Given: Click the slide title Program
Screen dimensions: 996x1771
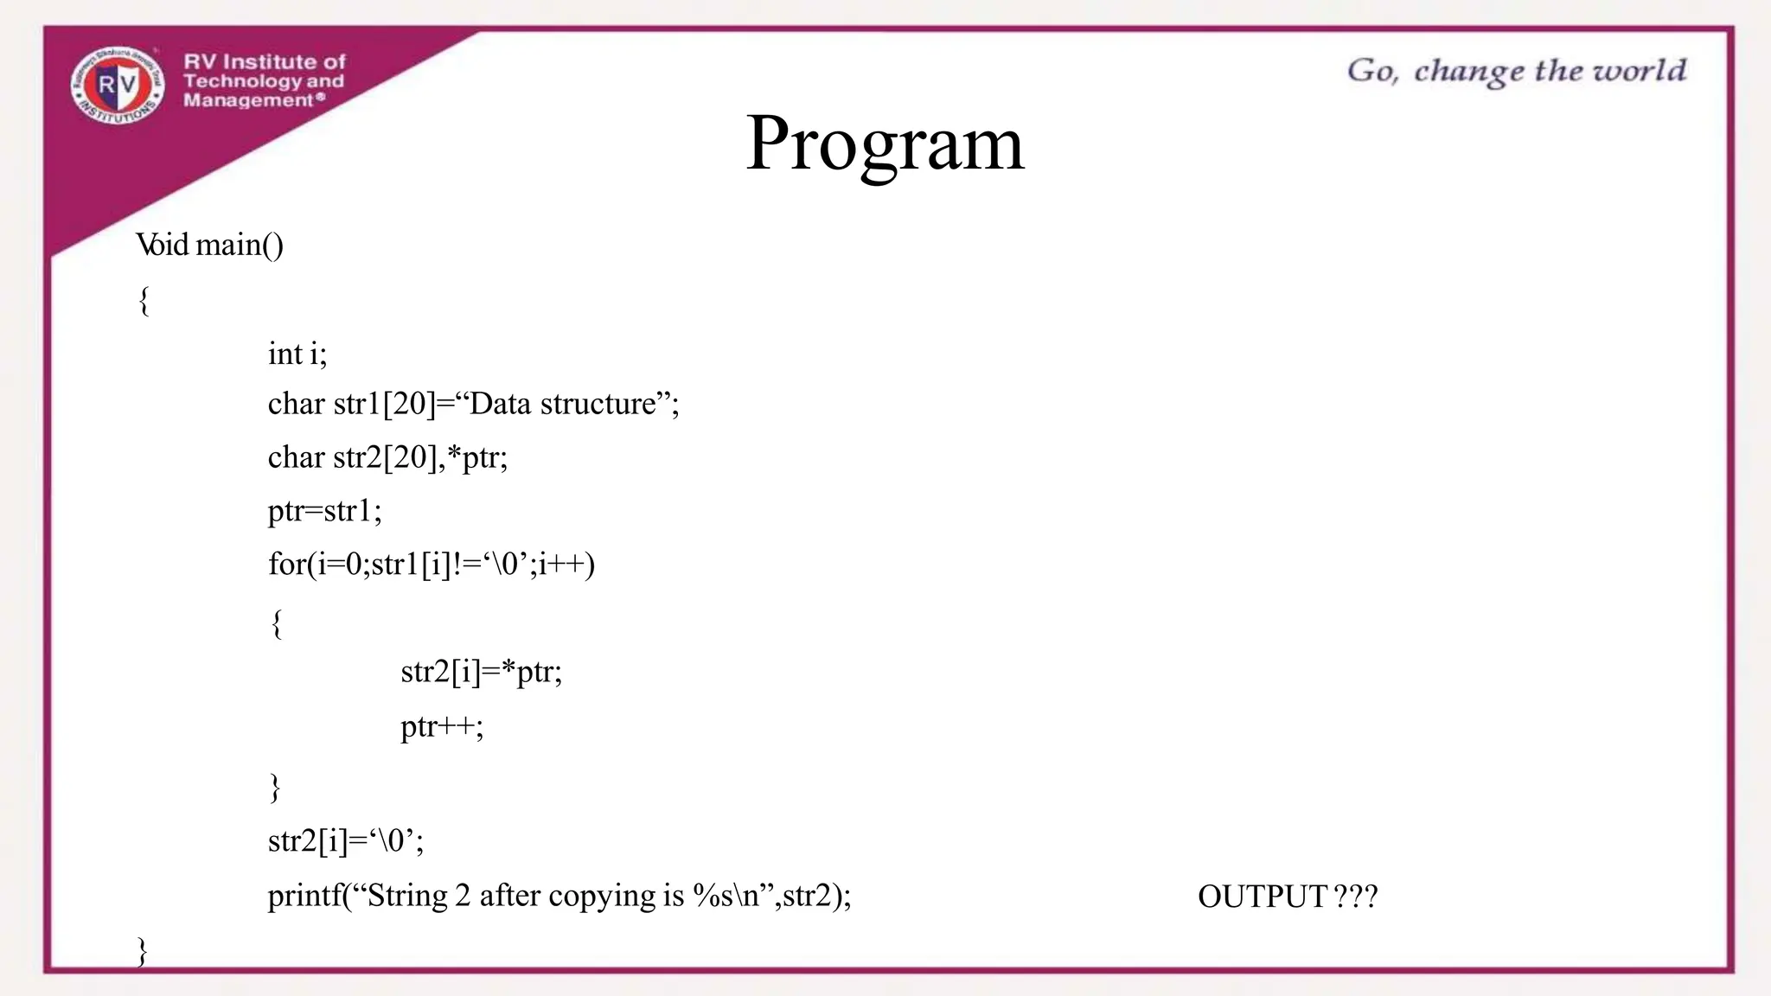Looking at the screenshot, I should [x=885, y=144].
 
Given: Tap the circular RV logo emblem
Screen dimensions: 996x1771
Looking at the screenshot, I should [x=118, y=85].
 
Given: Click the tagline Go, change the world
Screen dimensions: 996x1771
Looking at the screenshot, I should [x=1516, y=71].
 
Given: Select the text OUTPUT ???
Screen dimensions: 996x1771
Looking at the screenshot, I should [x=1287, y=897].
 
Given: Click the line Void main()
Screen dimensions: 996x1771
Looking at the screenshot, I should [x=209, y=246].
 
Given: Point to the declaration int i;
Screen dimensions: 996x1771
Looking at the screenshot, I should [x=297, y=354].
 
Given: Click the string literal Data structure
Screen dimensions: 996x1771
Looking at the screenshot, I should [x=562, y=404].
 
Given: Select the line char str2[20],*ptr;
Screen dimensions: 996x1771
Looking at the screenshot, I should [x=387, y=457].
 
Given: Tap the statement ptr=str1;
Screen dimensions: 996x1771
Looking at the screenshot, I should [x=324, y=511].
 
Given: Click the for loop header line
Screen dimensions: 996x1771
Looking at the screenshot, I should [x=431, y=565].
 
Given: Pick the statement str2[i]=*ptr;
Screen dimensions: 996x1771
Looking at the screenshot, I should [x=481, y=672].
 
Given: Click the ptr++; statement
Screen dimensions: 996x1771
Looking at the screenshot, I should [x=441, y=726].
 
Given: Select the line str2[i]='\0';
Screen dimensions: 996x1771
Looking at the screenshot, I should [x=345, y=840].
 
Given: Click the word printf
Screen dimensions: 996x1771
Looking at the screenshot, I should [x=304, y=896].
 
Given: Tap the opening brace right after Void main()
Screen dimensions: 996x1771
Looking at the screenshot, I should [x=144, y=301].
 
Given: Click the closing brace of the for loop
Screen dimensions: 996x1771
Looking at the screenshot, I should [x=275, y=787].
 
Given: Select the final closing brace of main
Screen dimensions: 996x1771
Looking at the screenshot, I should [x=143, y=950].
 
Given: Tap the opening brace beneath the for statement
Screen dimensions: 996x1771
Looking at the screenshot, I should [x=276, y=622].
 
